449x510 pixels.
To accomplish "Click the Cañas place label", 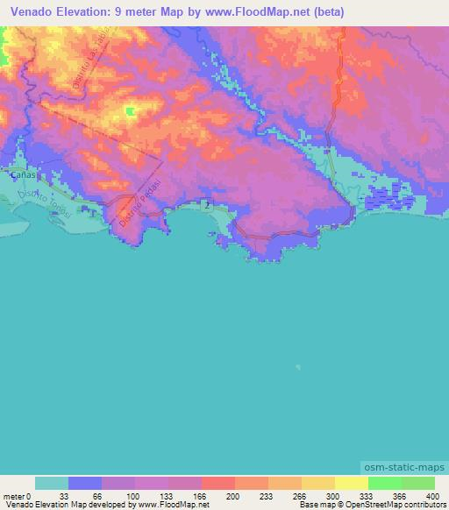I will point(22,175).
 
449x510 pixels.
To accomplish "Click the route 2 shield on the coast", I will point(204,203).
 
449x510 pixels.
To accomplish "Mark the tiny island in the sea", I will point(297,367).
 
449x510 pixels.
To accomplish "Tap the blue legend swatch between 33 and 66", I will point(85,483).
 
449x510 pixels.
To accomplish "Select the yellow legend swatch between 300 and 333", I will point(318,483).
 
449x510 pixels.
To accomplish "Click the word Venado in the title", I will point(25,11).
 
